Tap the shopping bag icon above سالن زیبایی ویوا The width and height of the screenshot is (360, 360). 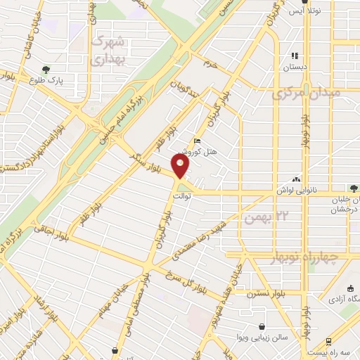(x=262, y=327)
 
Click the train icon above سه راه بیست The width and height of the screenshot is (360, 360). (x=310, y=340)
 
